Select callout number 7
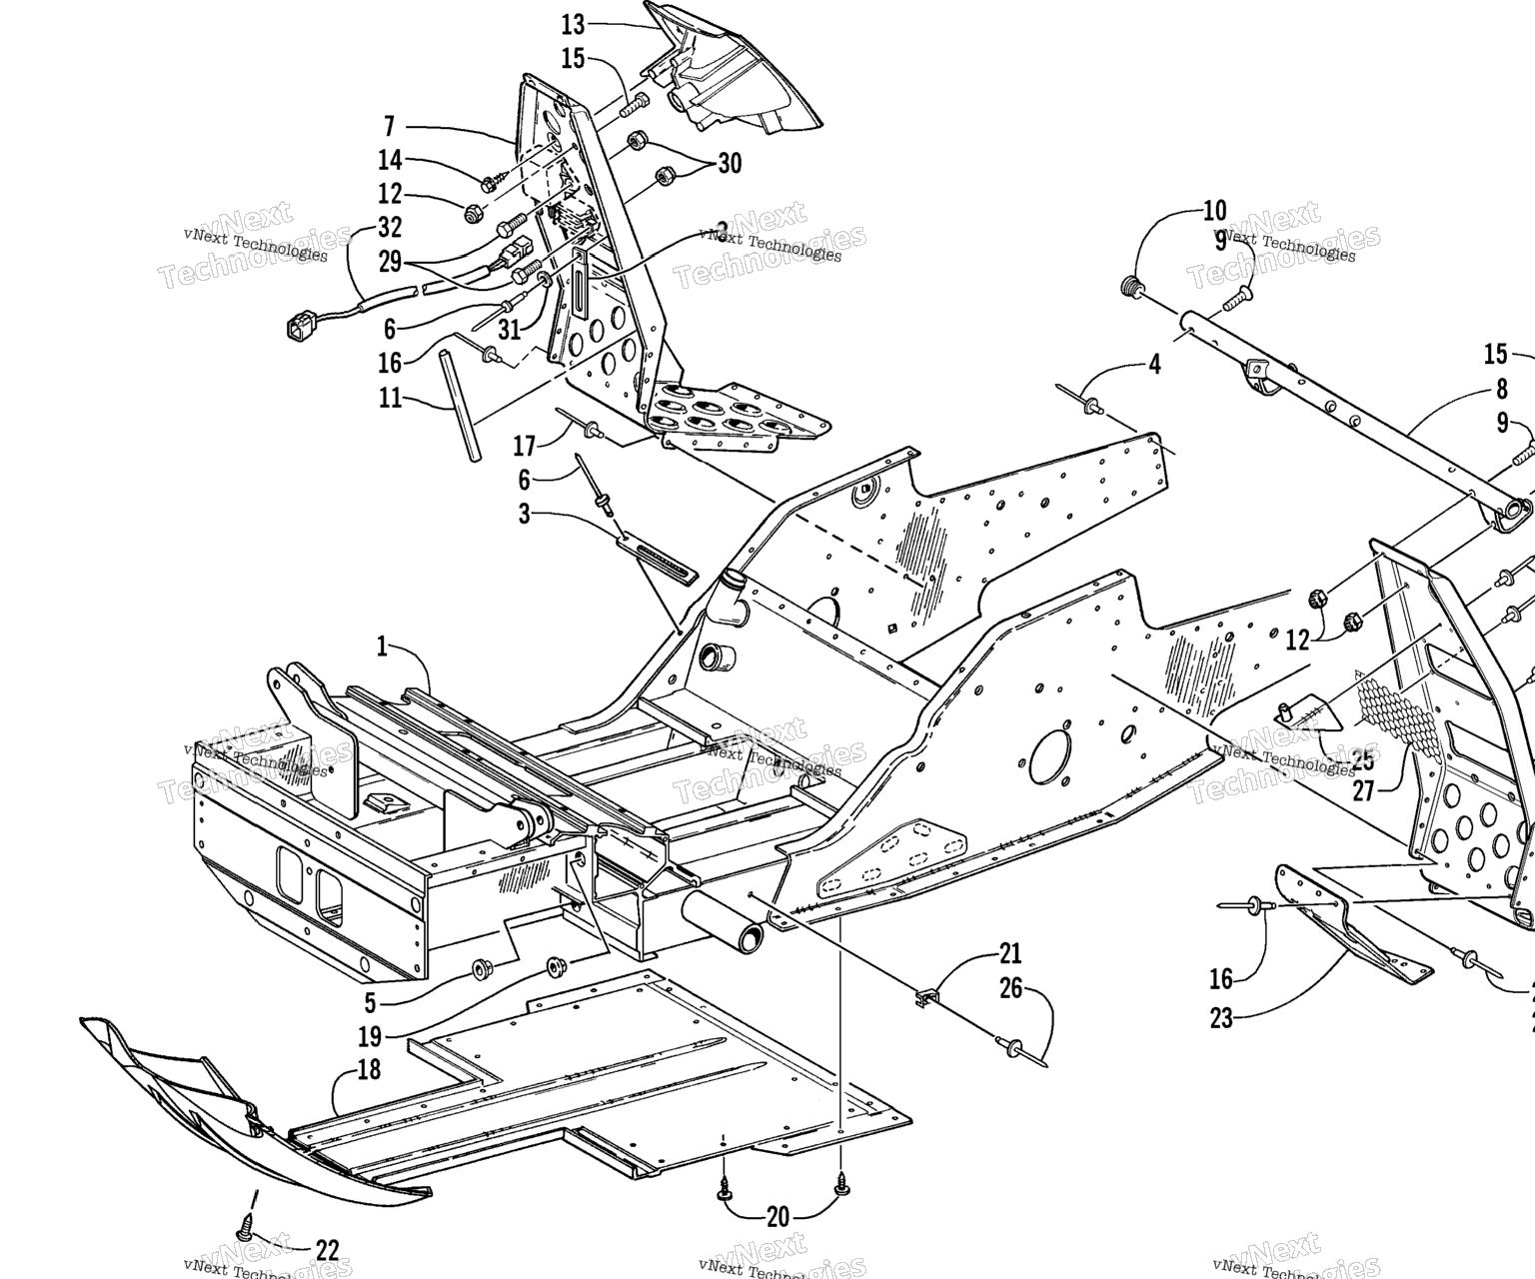(389, 126)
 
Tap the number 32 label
(389, 226)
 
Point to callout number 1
(382, 646)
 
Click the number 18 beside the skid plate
(369, 1070)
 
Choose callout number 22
(327, 1250)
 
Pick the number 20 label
(777, 1217)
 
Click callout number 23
(1221, 1019)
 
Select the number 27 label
(1364, 790)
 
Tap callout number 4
(1155, 364)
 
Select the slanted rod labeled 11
(457, 399)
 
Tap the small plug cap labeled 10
(1131, 288)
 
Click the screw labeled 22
(245, 1224)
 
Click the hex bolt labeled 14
(490, 184)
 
